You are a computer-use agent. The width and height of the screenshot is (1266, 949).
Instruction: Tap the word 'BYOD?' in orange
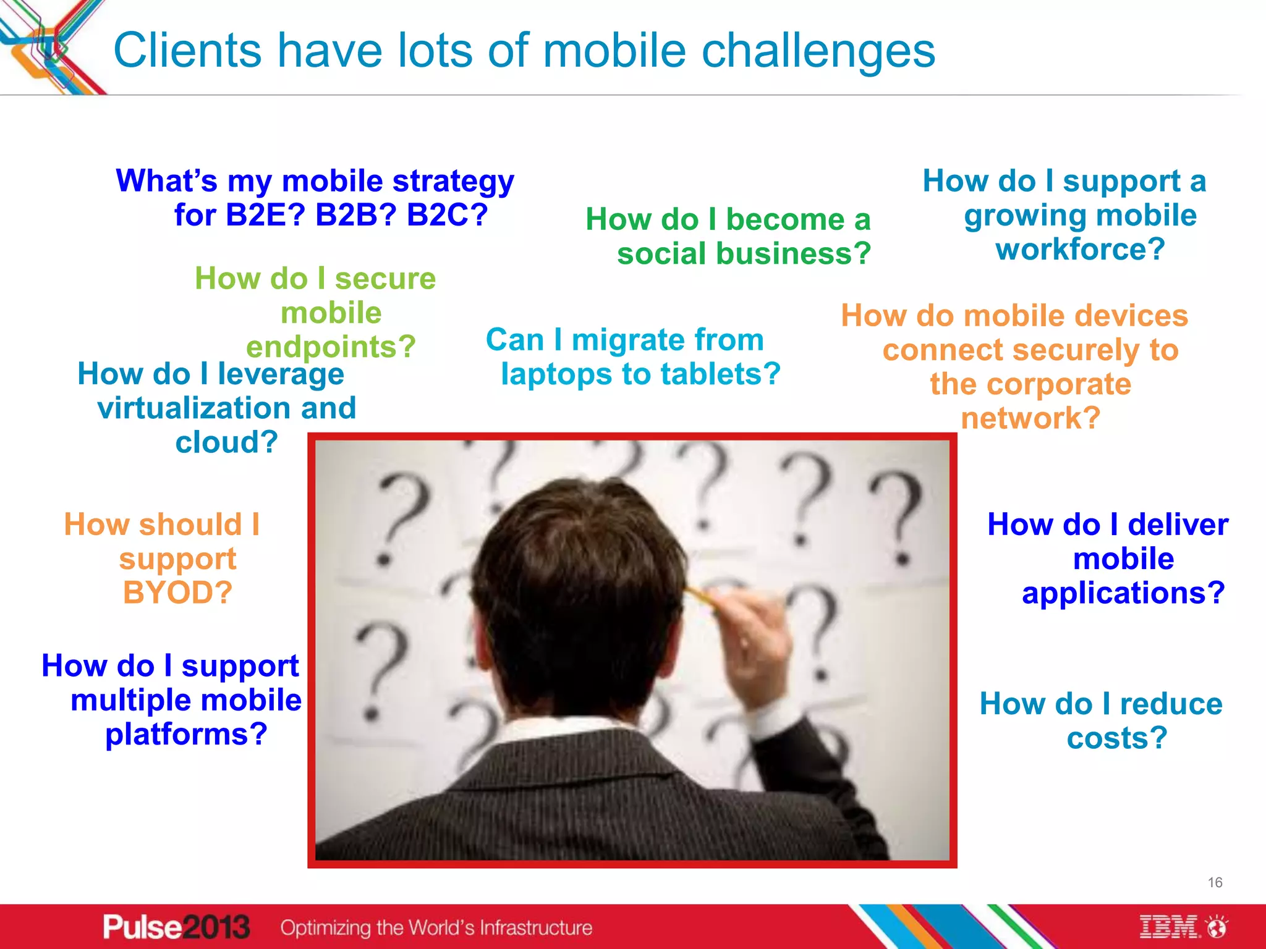click(x=177, y=593)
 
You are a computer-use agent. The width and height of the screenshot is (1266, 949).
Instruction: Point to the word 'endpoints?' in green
click(x=331, y=347)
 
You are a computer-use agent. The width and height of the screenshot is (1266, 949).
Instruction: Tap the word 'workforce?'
click(x=1080, y=250)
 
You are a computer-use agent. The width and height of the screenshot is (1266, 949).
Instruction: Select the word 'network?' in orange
click(x=1030, y=418)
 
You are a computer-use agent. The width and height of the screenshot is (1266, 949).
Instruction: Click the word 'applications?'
click(x=1123, y=593)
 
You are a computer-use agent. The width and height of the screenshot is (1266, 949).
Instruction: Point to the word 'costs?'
click(x=1116, y=738)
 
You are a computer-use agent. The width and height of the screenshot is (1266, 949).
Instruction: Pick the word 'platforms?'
click(x=186, y=735)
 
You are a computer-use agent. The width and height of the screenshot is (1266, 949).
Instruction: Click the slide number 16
click(x=1215, y=882)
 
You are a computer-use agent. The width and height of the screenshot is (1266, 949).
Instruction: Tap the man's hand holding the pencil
click(x=757, y=636)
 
